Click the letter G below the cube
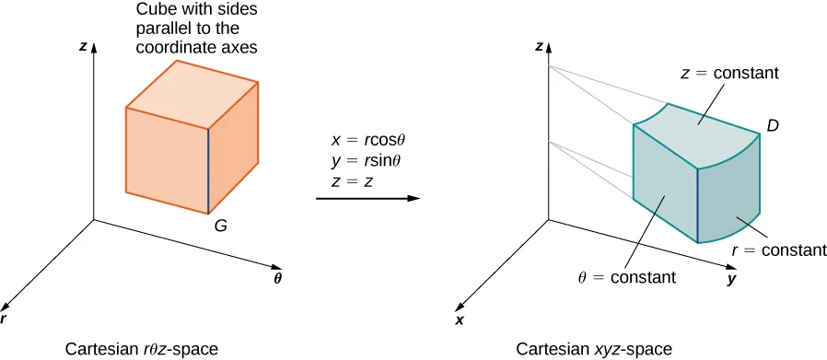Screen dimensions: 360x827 coord(220,224)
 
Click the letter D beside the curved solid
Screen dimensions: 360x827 coord(774,124)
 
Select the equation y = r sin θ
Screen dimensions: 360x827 coord(367,161)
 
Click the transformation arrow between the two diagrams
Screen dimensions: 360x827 coord(367,198)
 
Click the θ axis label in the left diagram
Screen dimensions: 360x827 coord(277,276)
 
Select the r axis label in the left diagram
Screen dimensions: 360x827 coord(5,318)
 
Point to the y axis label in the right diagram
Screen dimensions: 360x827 coord(731,278)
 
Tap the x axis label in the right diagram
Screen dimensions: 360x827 coord(459,319)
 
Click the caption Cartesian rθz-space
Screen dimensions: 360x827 coord(142,349)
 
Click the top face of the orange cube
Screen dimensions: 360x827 coord(192,86)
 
